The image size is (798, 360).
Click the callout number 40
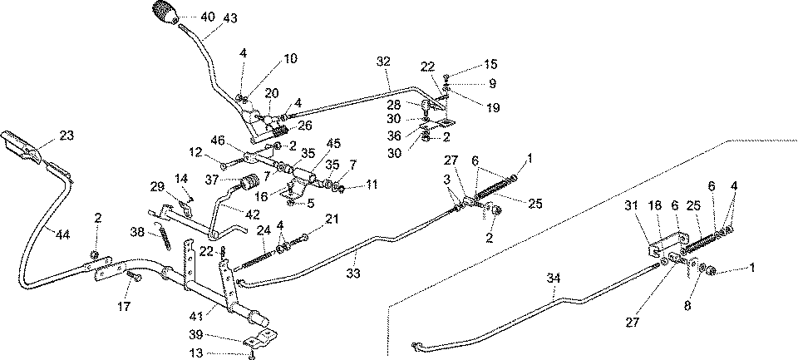point(207,16)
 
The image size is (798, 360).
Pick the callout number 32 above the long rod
point(382,62)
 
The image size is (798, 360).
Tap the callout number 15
point(491,64)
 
